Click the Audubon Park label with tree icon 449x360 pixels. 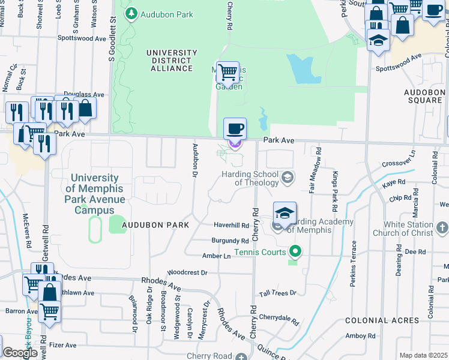coord(159,14)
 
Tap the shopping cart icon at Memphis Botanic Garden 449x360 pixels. coord(228,73)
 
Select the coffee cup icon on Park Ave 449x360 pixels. coord(235,128)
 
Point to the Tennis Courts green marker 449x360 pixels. coord(294,251)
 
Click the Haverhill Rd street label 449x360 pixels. coord(231,226)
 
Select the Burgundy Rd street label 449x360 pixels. coord(230,241)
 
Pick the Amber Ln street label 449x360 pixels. coord(217,256)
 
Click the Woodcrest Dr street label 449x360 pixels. coord(188,272)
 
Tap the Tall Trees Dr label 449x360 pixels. coord(277,293)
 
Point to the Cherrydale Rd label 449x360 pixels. coord(279,317)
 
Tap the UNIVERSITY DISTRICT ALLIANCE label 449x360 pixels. coord(170,61)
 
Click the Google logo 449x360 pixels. coord(20,353)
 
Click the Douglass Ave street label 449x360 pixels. coord(84,94)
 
